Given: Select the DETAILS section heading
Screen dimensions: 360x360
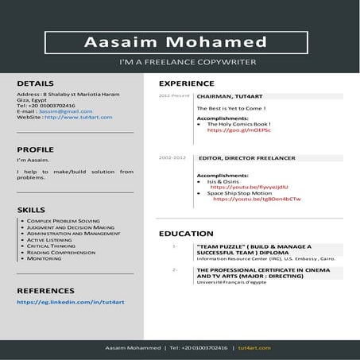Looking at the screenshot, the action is (x=36, y=83).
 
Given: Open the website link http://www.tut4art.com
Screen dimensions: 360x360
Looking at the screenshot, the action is (x=78, y=118).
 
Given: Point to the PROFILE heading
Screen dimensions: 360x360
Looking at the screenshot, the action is (x=36, y=149).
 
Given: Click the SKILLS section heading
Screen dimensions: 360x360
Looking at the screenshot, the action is (x=31, y=209).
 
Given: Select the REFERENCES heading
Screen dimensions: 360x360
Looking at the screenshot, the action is (x=45, y=291).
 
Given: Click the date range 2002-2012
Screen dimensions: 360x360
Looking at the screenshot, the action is (x=172, y=158).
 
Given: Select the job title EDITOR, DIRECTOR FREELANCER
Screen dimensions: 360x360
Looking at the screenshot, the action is (x=246, y=158).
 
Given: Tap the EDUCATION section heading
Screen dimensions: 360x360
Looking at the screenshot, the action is (x=184, y=234).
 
